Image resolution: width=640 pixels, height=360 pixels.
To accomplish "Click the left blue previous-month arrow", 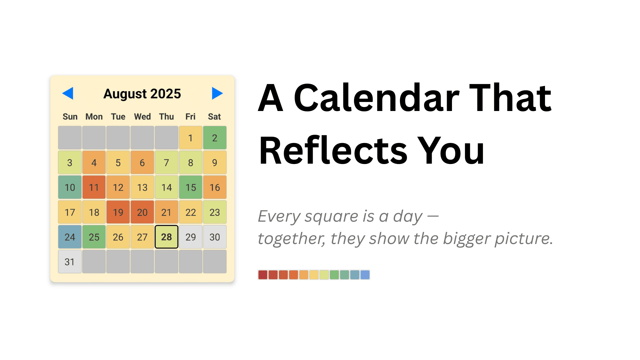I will [68, 93].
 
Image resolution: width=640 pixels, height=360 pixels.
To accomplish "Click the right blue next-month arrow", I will [217, 93].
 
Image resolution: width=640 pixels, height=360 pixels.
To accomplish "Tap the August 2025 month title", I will [142, 94].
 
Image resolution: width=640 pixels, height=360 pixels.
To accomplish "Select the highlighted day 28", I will [166, 237].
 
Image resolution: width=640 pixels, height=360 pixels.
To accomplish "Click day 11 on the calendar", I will [94, 187].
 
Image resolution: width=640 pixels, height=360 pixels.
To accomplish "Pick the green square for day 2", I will [215, 138].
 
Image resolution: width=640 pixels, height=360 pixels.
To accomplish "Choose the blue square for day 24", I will [70, 237].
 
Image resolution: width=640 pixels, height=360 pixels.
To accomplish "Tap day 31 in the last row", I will [70, 262].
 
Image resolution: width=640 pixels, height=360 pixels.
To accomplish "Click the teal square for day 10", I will [70, 187].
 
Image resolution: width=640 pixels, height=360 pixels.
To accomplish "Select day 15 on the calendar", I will [191, 187].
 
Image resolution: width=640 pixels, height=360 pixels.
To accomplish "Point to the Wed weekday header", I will [142, 117].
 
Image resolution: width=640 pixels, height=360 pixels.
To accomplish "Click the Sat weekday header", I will [214, 117].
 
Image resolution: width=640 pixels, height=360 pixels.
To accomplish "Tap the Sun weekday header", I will [70, 117].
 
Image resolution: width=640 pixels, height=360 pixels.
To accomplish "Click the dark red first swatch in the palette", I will [263, 275].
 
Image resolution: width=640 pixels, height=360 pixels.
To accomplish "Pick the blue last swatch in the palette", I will [365, 275].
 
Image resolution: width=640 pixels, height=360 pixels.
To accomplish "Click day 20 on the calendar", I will [142, 212].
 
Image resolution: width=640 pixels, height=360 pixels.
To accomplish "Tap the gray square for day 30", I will [215, 237].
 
